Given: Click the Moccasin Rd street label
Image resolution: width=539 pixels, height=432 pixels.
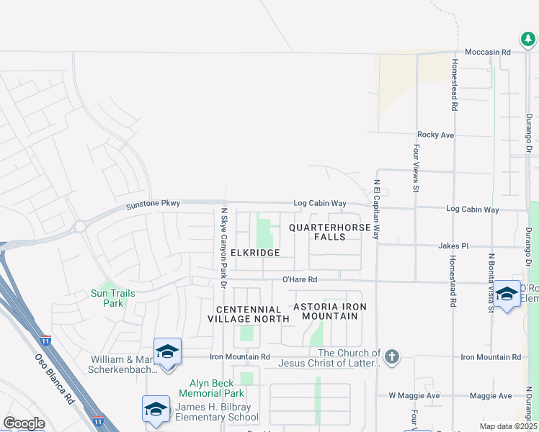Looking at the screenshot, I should (x=487, y=53).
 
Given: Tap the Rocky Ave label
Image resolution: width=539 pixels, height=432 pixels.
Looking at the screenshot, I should (x=435, y=135).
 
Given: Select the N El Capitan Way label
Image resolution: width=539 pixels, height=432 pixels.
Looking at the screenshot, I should (x=376, y=210).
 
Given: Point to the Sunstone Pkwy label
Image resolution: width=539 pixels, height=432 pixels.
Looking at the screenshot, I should (x=153, y=204).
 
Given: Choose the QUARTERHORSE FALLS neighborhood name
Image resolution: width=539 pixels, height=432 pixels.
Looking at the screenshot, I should (x=330, y=232).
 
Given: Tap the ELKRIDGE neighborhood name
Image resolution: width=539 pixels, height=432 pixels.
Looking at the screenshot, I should (x=255, y=253).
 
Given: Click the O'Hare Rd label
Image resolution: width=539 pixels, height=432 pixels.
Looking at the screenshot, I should (x=300, y=279).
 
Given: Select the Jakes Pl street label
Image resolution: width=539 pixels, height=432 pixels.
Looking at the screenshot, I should (x=453, y=246).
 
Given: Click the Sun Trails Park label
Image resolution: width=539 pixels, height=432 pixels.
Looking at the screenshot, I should (x=107, y=298).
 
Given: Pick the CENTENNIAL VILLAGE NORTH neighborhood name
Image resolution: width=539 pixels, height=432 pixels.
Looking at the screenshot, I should (x=244, y=314).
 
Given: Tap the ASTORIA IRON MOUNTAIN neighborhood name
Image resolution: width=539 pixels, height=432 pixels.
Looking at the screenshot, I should (x=330, y=312).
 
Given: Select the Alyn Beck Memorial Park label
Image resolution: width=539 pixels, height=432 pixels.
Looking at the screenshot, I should (x=217, y=388).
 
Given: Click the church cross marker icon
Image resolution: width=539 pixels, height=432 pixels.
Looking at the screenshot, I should (x=392, y=357).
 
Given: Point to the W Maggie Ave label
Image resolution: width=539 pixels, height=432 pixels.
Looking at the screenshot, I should (x=414, y=395).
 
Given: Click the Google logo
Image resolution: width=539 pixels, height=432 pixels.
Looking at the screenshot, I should (x=24, y=423).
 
